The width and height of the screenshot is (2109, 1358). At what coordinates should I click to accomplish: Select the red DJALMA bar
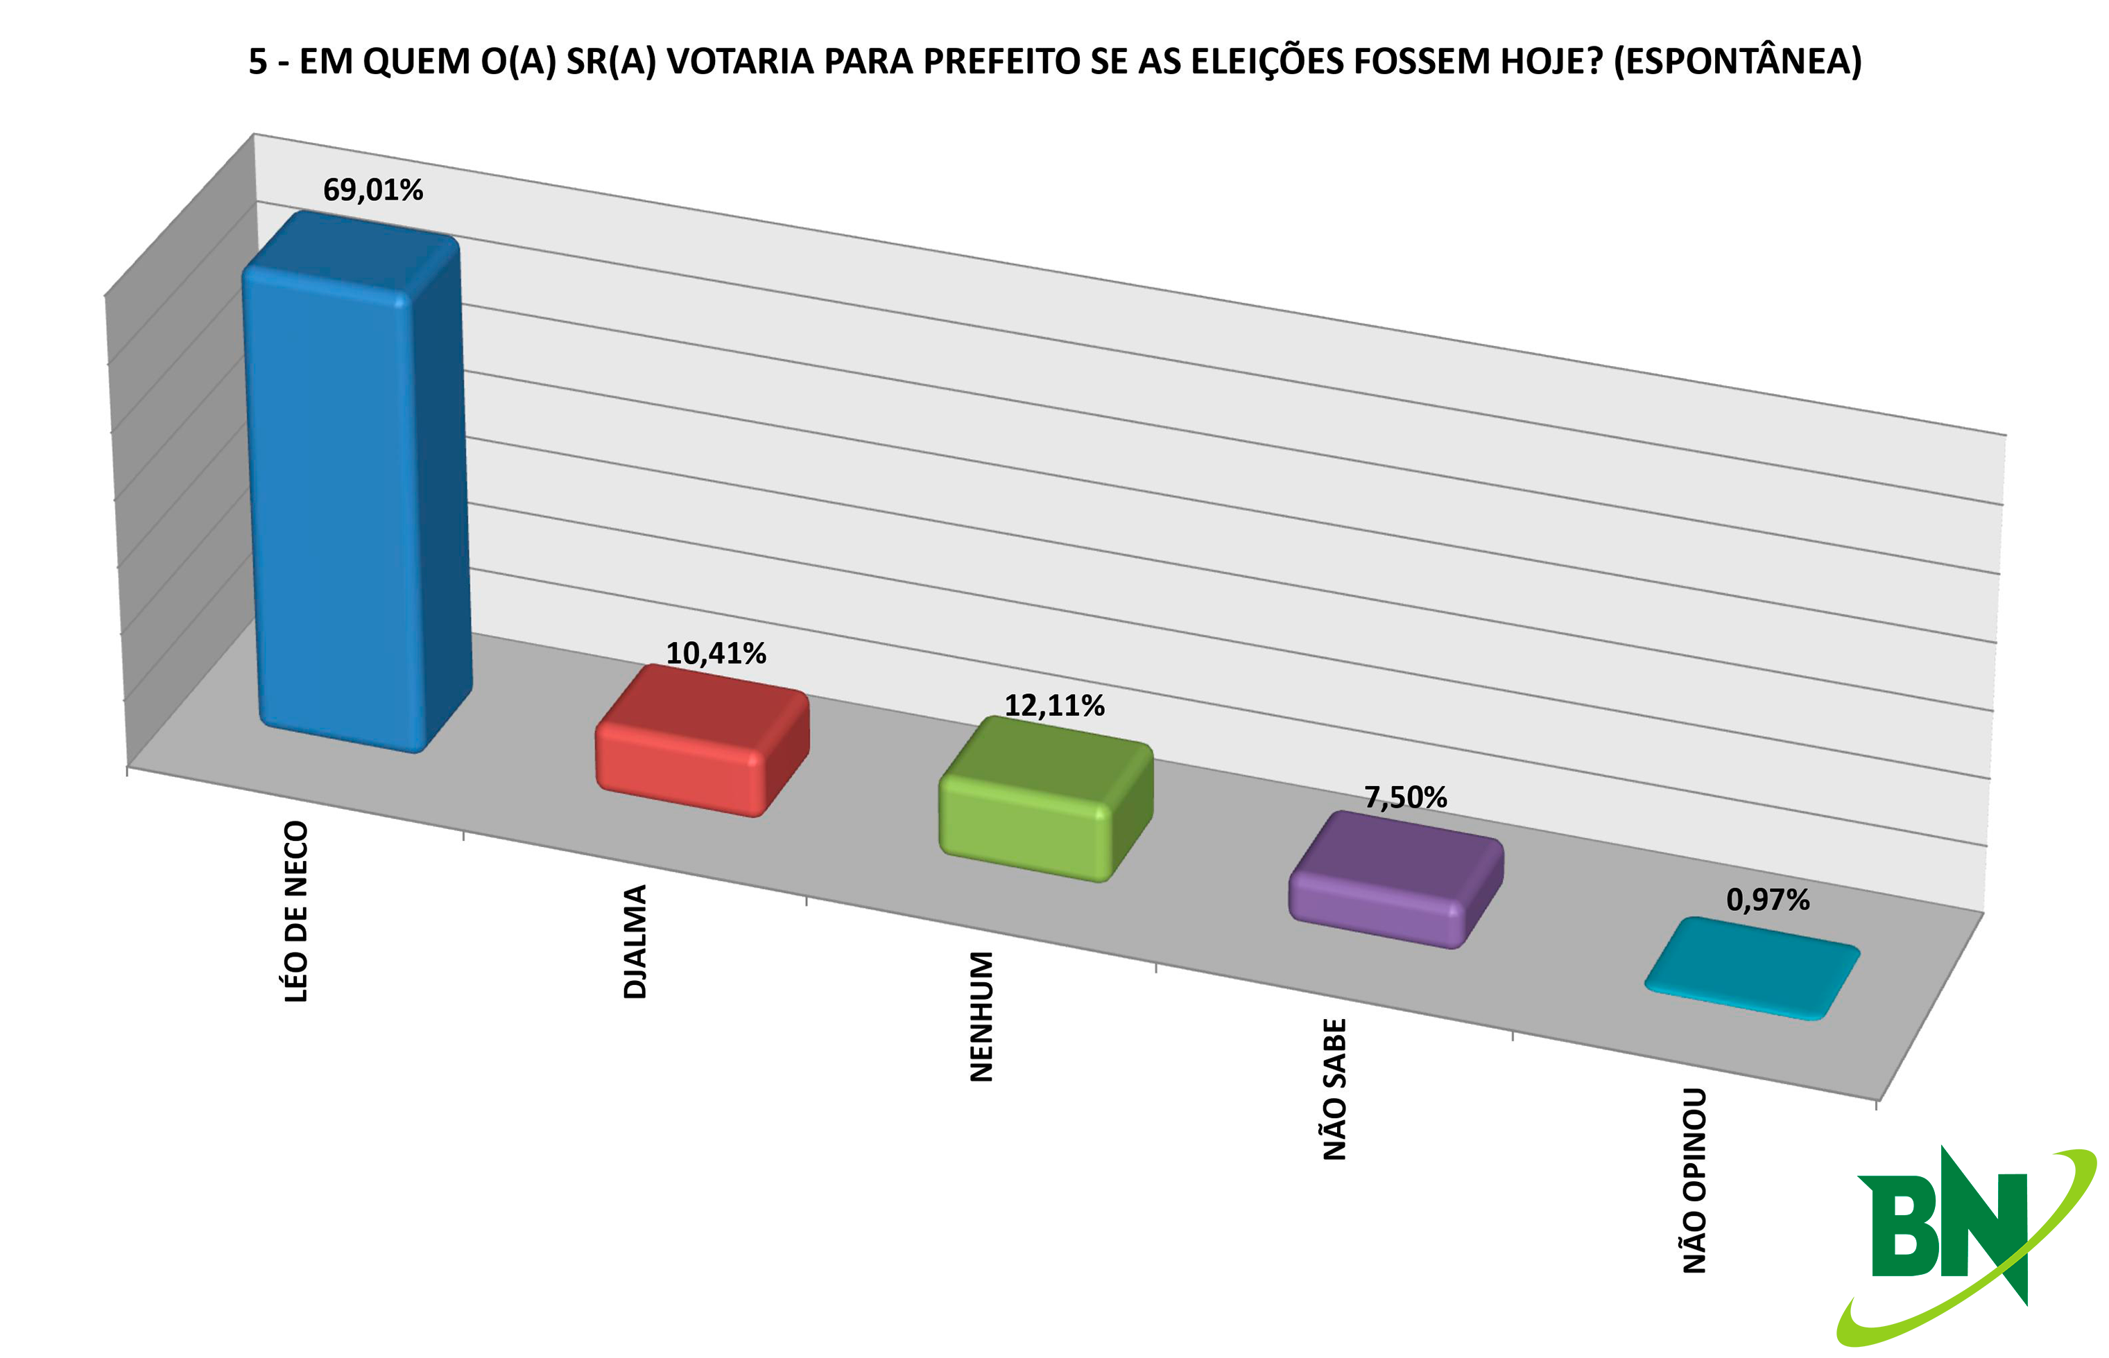point(702,741)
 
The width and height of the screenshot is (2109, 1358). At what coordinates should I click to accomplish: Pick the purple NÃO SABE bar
point(1396,880)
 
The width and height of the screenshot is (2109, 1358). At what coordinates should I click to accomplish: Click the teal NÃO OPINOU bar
point(1753,968)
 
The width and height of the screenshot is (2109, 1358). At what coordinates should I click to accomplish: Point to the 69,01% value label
point(373,189)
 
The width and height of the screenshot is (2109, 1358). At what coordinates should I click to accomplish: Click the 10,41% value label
point(715,654)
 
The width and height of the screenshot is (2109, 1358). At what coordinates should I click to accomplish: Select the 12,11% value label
point(1055,706)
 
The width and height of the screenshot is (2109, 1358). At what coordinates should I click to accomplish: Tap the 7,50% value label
point(1406,798)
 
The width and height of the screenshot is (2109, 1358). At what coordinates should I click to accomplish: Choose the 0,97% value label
point(1768,900)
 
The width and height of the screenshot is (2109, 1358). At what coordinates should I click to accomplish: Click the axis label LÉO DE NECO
point(296,912)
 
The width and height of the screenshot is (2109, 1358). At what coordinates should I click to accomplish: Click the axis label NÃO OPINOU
point(1694,1181)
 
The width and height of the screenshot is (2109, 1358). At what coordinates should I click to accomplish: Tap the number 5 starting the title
point(257,62)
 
